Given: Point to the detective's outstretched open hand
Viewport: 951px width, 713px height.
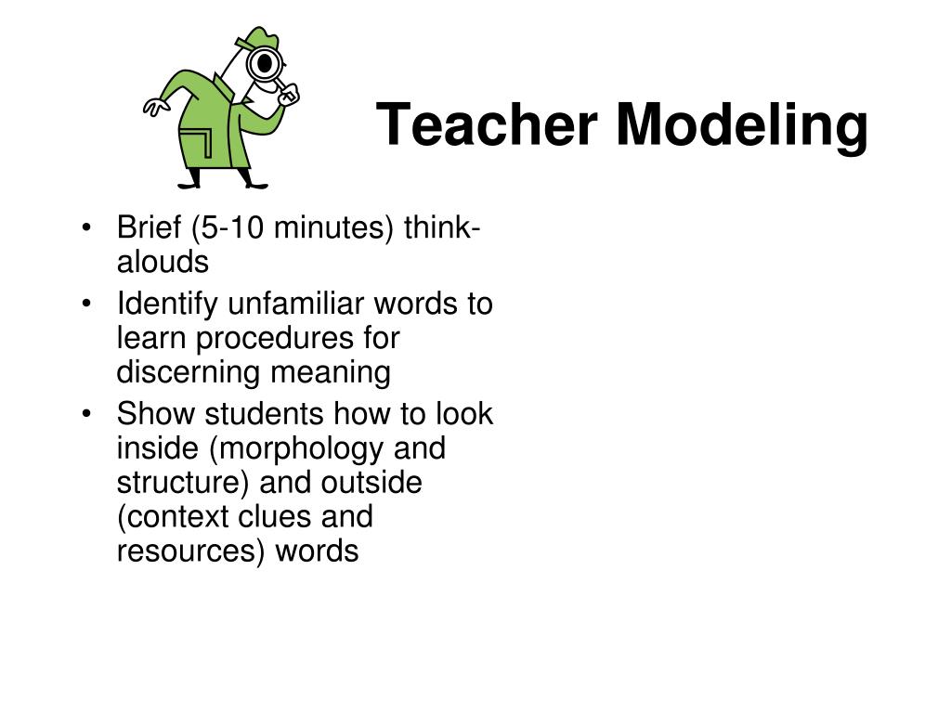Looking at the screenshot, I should (154, 107).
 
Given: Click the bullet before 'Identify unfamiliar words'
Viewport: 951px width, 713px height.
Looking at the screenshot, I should (86, 305).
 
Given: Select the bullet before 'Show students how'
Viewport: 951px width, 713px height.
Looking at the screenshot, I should (86, 414).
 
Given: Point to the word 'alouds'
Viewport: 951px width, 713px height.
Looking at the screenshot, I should (163, 263).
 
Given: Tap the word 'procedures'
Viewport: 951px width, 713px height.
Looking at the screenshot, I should (288, 339).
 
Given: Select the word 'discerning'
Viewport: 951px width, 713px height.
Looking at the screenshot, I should (187, 372).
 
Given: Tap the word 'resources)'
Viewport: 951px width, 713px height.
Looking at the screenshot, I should (191, 551).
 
